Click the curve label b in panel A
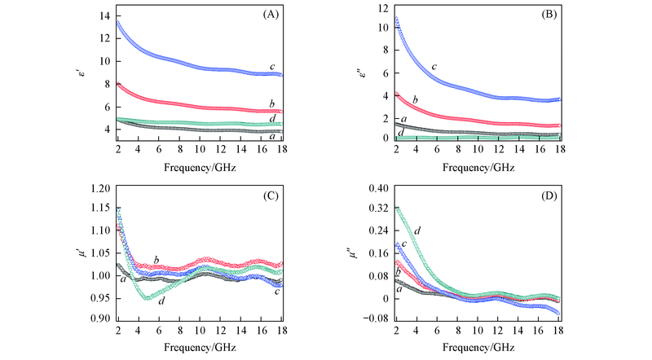coord(271,103)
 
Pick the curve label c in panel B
coord(434,67)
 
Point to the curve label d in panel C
coord(162,302)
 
